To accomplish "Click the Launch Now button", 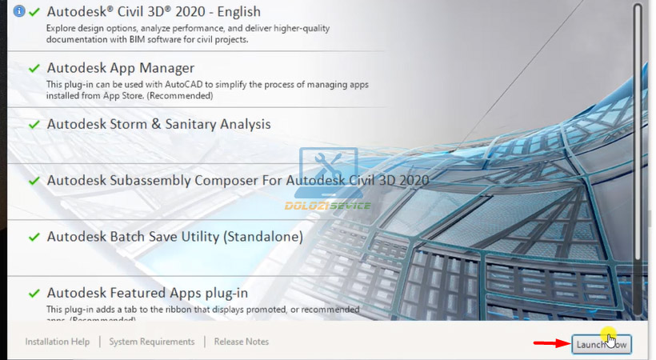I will [x=602, y=344].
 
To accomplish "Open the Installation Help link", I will [x=58, y=342].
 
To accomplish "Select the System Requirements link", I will [x=152, y=342].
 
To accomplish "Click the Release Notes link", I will [x=242, y=342].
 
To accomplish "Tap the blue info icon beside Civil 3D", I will [x=19, y=12].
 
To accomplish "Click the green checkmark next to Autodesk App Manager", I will [x=34, y=69].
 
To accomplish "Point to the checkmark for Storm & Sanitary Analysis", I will [x=34, y=125].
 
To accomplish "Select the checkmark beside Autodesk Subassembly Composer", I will [x=34, y=181].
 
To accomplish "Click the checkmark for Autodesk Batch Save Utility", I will [x=34, y=238].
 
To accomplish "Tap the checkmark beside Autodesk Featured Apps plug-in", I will [x=34, y=294].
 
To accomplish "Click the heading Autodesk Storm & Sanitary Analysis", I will [x=158, y=124].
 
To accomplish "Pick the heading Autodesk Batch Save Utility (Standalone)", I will [x=174, y=237].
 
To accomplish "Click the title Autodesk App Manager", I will [x=120, y=68].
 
